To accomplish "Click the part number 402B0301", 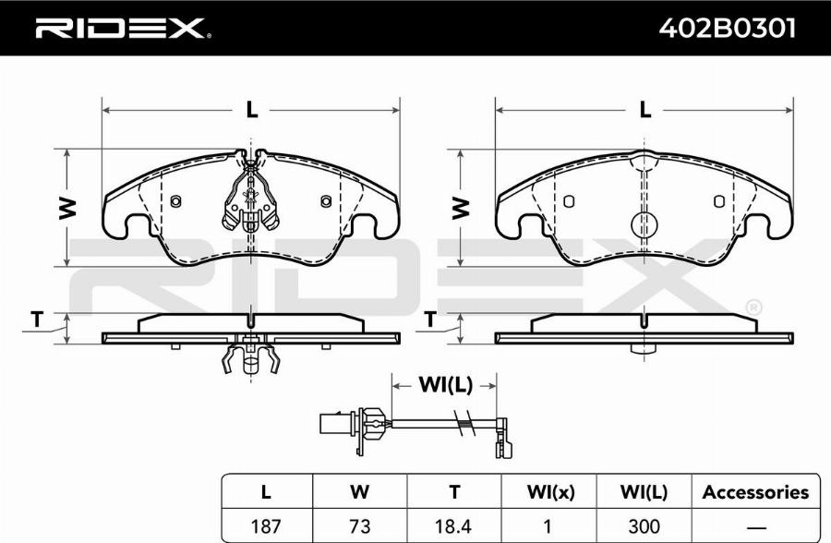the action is [x=728, y=28].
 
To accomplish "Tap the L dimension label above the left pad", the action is [x=252, y=110].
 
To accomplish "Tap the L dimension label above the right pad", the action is [x=645, y=110].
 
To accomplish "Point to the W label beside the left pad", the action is [x=67, y=208].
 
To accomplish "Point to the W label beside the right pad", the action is [x=461, y=208].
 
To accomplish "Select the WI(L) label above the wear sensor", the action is [x=445, y=385].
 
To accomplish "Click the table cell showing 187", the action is [x=266, y=526].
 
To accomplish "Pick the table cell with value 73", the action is [x=360, y=526].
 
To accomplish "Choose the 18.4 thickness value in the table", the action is [x=454, y=526].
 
